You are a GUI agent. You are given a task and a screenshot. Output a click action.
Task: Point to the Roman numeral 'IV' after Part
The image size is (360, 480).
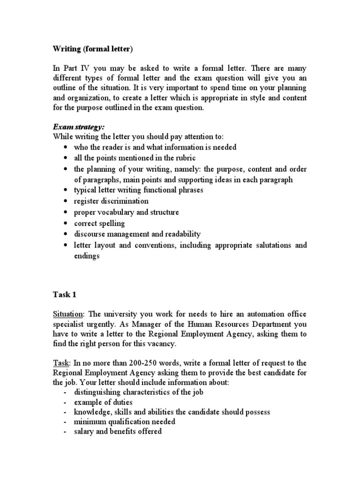(86, 67)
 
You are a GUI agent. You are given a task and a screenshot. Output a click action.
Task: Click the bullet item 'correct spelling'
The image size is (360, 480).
(99, 223)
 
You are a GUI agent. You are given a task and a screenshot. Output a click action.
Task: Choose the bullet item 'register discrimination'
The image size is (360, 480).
(111, 201)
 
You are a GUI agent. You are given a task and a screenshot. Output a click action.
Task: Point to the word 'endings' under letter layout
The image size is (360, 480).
(87, 256)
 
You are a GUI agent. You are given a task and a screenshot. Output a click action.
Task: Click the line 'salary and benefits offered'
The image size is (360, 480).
(118, 431)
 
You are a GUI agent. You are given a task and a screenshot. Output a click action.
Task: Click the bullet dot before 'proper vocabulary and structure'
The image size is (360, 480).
(65, 212)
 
